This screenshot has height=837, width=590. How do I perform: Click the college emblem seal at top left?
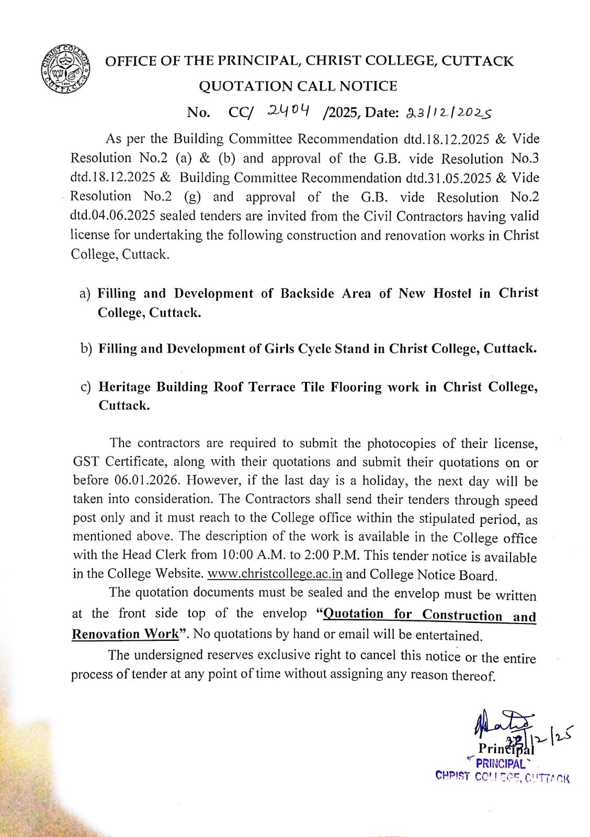tap(65, 69)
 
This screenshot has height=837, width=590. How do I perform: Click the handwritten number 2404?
tap(288, 110)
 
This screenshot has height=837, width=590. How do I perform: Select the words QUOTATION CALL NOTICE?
tap(298, 86)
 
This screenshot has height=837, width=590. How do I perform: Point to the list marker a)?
tap(85, 293)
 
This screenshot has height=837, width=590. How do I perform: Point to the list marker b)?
tap(86, 348)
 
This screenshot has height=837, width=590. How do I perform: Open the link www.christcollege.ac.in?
tap(275, 573)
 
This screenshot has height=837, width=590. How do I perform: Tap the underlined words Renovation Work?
tap(125, 634)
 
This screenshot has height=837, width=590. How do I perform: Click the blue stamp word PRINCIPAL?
tap(500, 764)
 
